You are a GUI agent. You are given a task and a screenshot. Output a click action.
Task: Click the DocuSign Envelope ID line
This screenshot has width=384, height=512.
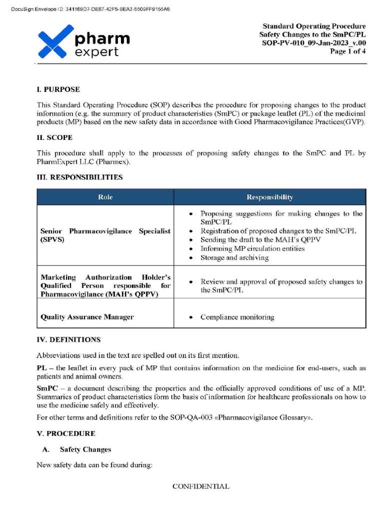coord(90,9)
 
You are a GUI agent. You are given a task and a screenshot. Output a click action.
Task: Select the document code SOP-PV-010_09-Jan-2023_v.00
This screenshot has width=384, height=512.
coord(314,43)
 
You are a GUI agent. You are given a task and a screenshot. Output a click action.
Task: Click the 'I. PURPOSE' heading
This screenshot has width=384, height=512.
coord(58,89)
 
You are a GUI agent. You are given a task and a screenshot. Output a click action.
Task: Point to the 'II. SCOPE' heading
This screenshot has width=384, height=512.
coord(54,137)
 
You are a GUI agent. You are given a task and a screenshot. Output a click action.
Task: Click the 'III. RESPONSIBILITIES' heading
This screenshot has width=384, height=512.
coord(79,177)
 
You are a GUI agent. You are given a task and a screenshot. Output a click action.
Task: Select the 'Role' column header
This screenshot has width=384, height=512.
coord(105,197)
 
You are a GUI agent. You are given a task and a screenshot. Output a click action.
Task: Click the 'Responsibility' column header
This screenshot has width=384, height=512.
coord(269,197)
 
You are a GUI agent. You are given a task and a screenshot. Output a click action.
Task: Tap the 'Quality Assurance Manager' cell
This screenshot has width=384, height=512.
coord(87,317)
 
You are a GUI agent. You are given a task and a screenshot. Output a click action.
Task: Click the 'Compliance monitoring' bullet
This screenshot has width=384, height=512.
coord(237,317)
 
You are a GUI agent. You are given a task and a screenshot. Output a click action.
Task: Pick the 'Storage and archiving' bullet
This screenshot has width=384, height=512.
coord(234,257)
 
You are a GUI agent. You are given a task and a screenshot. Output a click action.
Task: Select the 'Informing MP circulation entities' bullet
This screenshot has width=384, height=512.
coord(252,248)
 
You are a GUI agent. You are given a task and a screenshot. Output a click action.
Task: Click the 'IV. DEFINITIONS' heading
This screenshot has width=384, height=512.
coord(68,339)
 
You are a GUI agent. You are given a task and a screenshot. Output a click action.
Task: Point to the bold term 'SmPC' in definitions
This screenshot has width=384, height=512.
coord(46,388)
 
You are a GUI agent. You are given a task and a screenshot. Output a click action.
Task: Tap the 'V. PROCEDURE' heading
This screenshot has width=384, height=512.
coord(65,433)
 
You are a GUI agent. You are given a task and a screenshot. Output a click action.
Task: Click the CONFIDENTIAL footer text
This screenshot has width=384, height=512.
coord(201,486)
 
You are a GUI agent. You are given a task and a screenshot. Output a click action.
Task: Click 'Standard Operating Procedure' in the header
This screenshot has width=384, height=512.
coord(314,26)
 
